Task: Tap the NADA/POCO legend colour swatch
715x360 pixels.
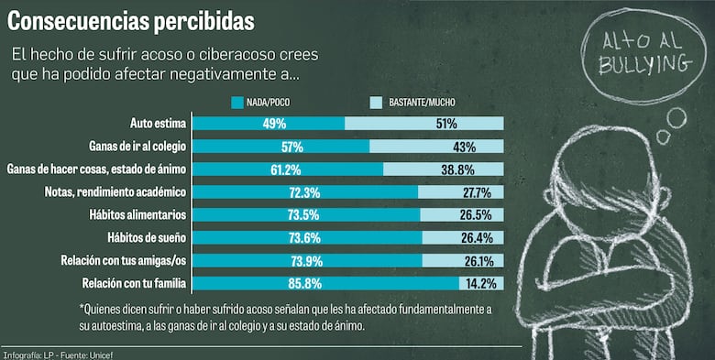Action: (239, 102)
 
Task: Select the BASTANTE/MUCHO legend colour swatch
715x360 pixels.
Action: (376, 102)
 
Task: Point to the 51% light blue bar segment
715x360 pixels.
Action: (424, 123)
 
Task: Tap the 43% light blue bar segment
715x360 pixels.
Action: (436, 146)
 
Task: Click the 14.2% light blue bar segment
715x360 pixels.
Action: (481, 283)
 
